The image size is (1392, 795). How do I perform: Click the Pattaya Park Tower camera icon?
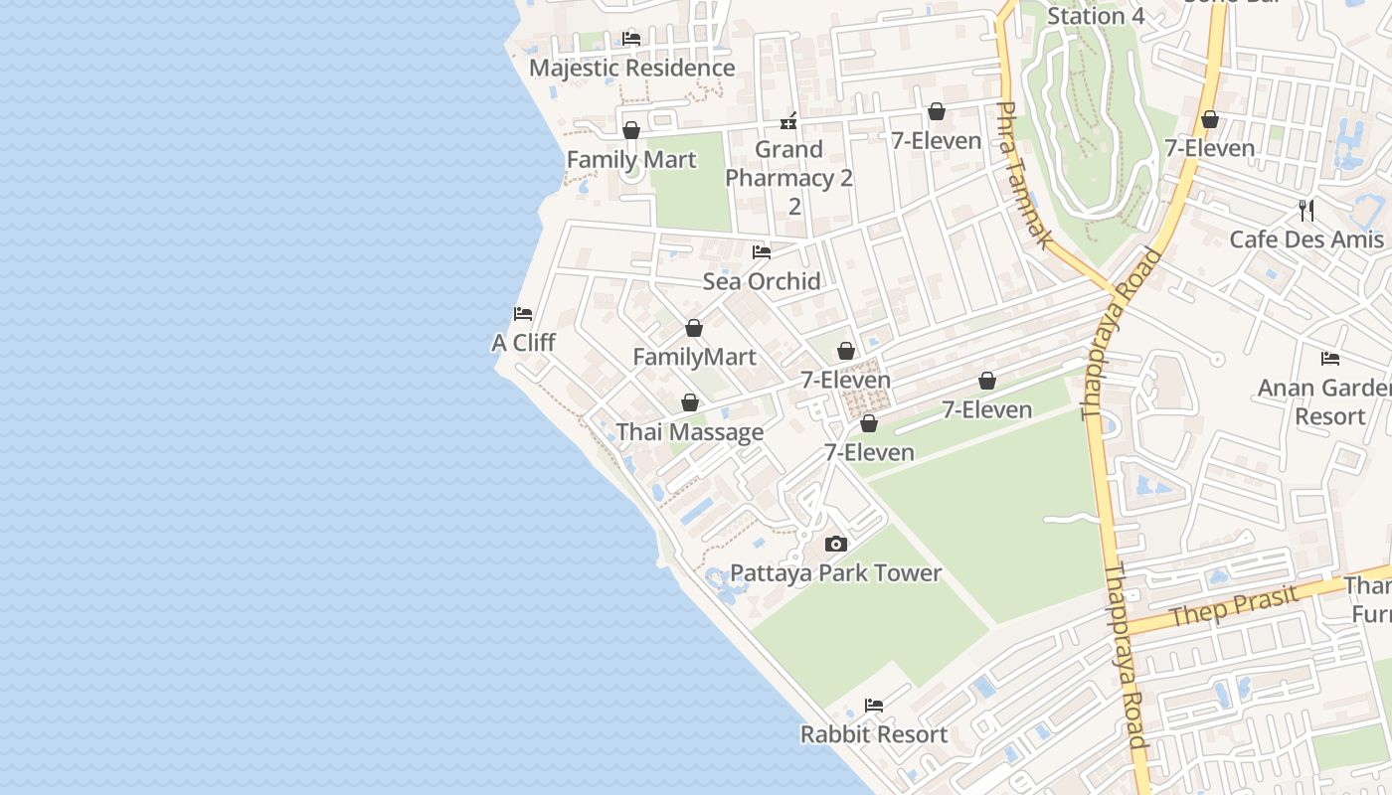[836, 544]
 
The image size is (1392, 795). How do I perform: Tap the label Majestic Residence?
[631, 68]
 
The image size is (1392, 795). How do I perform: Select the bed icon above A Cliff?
[523, 314]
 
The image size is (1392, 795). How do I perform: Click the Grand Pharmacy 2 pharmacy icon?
[788, 121]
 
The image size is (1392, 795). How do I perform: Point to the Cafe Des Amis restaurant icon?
[1306, 211]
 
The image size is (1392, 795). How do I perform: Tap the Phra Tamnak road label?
[1025, 175]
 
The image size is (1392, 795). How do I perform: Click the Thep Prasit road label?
[1233, 605]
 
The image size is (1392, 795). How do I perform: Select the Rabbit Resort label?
[874, 734]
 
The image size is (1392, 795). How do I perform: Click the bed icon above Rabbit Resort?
[874, 706]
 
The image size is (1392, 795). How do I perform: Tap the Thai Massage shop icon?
[689, 402]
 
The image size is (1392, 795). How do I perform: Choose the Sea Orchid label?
[762, 281]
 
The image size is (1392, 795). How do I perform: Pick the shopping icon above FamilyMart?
[694, 328]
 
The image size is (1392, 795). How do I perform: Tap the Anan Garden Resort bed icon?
[1330, 359]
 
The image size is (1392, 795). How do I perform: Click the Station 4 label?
[1096, 16]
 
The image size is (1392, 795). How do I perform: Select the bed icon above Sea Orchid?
[762, 252]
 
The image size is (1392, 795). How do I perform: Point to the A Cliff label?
[523, 343]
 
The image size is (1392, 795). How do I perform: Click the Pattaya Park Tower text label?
[835, 572]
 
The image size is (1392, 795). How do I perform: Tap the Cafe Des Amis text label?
[1306, 239]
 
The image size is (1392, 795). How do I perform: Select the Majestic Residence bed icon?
[631, 39]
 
